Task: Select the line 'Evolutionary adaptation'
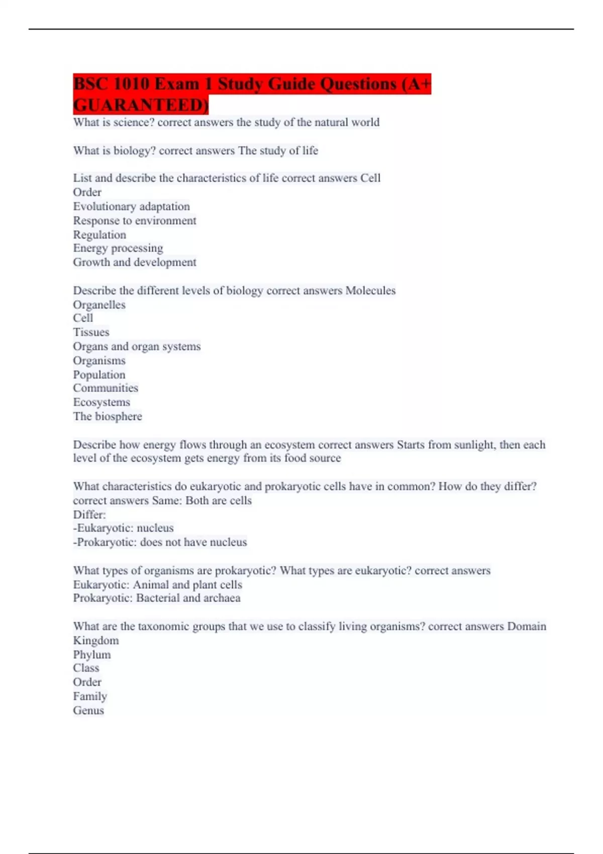(x=131, y=206)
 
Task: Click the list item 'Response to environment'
(x=134, y=221)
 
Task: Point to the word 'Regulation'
(x=99, y=235)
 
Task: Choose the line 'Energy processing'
(x=118, y=248)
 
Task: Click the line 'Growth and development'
(x=134, y=262)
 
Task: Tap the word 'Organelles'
(x=99, y=305)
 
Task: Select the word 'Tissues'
(x=91, y=332)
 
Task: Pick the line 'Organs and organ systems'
(x=137, y=347)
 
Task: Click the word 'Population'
(x=99, y=375)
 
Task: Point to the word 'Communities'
(x=105, y=388)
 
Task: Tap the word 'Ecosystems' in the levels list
(x=101, y=402)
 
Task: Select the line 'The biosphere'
(x=107, y=416)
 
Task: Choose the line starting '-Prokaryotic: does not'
(x=160, y=543)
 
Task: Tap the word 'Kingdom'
(x=95, y=640)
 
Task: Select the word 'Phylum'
(x=91, y=655)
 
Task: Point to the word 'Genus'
(x=88, y=710)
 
